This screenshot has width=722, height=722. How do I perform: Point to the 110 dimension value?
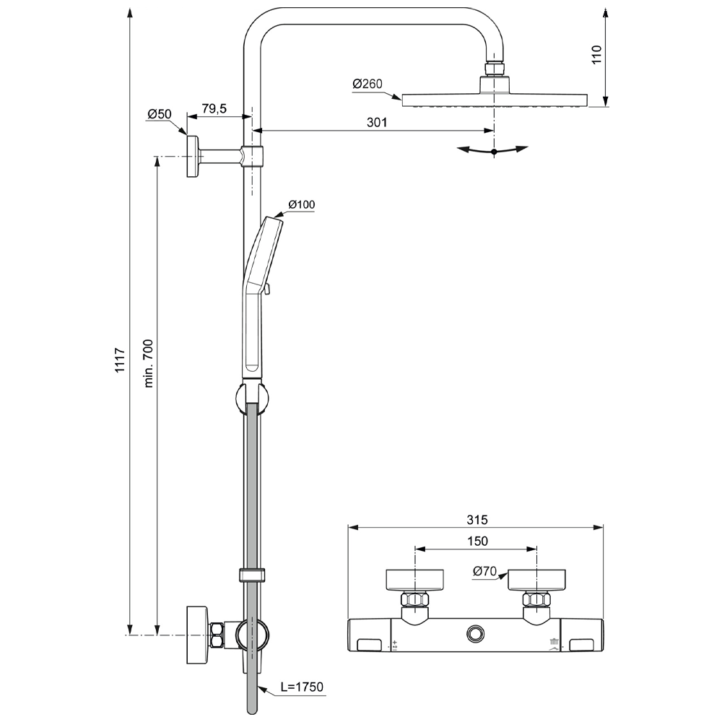(596, 55)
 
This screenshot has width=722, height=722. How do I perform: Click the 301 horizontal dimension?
(376, 122)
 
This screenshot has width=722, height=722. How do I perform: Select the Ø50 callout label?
(159, 114)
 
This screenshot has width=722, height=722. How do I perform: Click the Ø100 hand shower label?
(302, 205)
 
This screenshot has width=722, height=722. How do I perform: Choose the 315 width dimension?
(477, 519)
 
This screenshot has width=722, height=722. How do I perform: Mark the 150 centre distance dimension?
(477, 541)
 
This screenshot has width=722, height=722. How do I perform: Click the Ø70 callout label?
(484, 572)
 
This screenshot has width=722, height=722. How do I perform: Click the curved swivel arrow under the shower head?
(493, 151)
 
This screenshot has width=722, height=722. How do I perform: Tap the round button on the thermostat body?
(476, 633)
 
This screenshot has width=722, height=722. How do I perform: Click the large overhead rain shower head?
(494, 100)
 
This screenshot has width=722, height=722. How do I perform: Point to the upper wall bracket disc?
(193, 155)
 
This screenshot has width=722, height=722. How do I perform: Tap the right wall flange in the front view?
(536, 579)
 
